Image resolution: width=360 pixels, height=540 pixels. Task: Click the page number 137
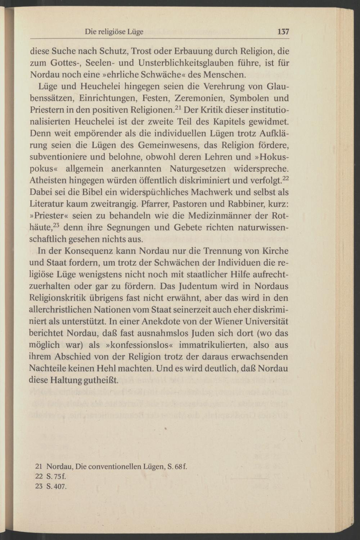tap(283, 32)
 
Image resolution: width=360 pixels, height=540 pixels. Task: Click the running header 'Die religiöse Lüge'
tap(114, 32)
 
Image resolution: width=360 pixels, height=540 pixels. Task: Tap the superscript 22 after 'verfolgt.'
tap(286, 178)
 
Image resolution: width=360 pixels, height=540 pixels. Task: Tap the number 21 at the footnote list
tap(39, 467)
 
